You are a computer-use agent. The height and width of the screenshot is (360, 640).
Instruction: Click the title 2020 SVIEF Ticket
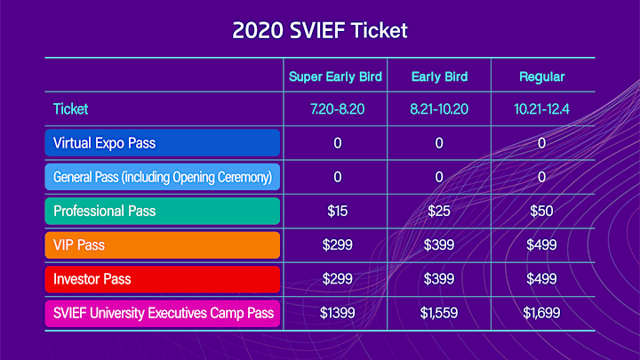320,30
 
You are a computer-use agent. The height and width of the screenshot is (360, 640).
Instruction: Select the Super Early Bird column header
335,76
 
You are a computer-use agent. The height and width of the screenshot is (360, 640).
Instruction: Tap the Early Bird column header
439,76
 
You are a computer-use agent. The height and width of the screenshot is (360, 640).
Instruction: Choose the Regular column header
541,76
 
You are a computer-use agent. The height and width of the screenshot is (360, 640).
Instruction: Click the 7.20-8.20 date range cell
337,109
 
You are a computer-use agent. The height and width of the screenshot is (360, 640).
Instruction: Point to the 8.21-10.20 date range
439,109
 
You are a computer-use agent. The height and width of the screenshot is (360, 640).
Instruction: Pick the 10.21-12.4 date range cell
541,109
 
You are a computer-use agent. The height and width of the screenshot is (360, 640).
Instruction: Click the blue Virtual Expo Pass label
163,143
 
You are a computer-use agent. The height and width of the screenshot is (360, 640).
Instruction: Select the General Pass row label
163,177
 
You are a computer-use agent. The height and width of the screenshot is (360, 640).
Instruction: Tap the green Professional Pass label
163,211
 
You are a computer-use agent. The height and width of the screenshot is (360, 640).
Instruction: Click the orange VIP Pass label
163,245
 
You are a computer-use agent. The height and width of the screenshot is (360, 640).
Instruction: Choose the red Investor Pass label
163,279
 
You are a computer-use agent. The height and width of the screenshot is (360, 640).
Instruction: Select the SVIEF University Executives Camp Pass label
163,313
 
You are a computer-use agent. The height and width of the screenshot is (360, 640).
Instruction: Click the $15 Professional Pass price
337,211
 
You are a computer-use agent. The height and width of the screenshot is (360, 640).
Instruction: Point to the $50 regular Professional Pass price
541,211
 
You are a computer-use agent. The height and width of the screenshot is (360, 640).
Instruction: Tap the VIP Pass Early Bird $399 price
439,245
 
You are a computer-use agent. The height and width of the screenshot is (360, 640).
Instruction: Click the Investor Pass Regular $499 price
541,279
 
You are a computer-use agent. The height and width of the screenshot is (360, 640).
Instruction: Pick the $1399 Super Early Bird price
337,313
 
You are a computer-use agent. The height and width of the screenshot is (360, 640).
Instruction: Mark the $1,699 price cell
541,313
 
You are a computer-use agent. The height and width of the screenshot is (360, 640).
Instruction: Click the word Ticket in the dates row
70,109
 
